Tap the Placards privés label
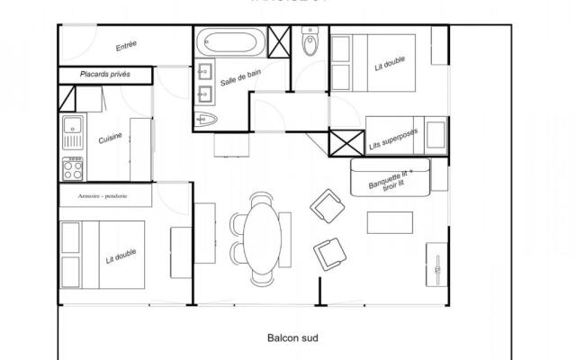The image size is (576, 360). (x=106, y=76)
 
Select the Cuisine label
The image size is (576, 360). (x=112, y=139)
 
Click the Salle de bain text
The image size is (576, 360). (x=242, y=82)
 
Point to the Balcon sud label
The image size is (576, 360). (x=293, y=338)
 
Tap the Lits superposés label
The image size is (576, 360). (x=391, y=137)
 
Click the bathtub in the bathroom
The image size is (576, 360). (x=231, y=41)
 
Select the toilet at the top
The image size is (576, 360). (x=310, y=43)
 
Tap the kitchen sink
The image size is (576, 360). (x=72, y=133)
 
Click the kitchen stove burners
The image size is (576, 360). (x=72, y=168)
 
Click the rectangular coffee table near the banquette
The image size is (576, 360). (x=391, y=222)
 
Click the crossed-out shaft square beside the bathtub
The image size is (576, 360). (x=280, y=41)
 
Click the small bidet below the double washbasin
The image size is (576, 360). (x=204, y=118)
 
